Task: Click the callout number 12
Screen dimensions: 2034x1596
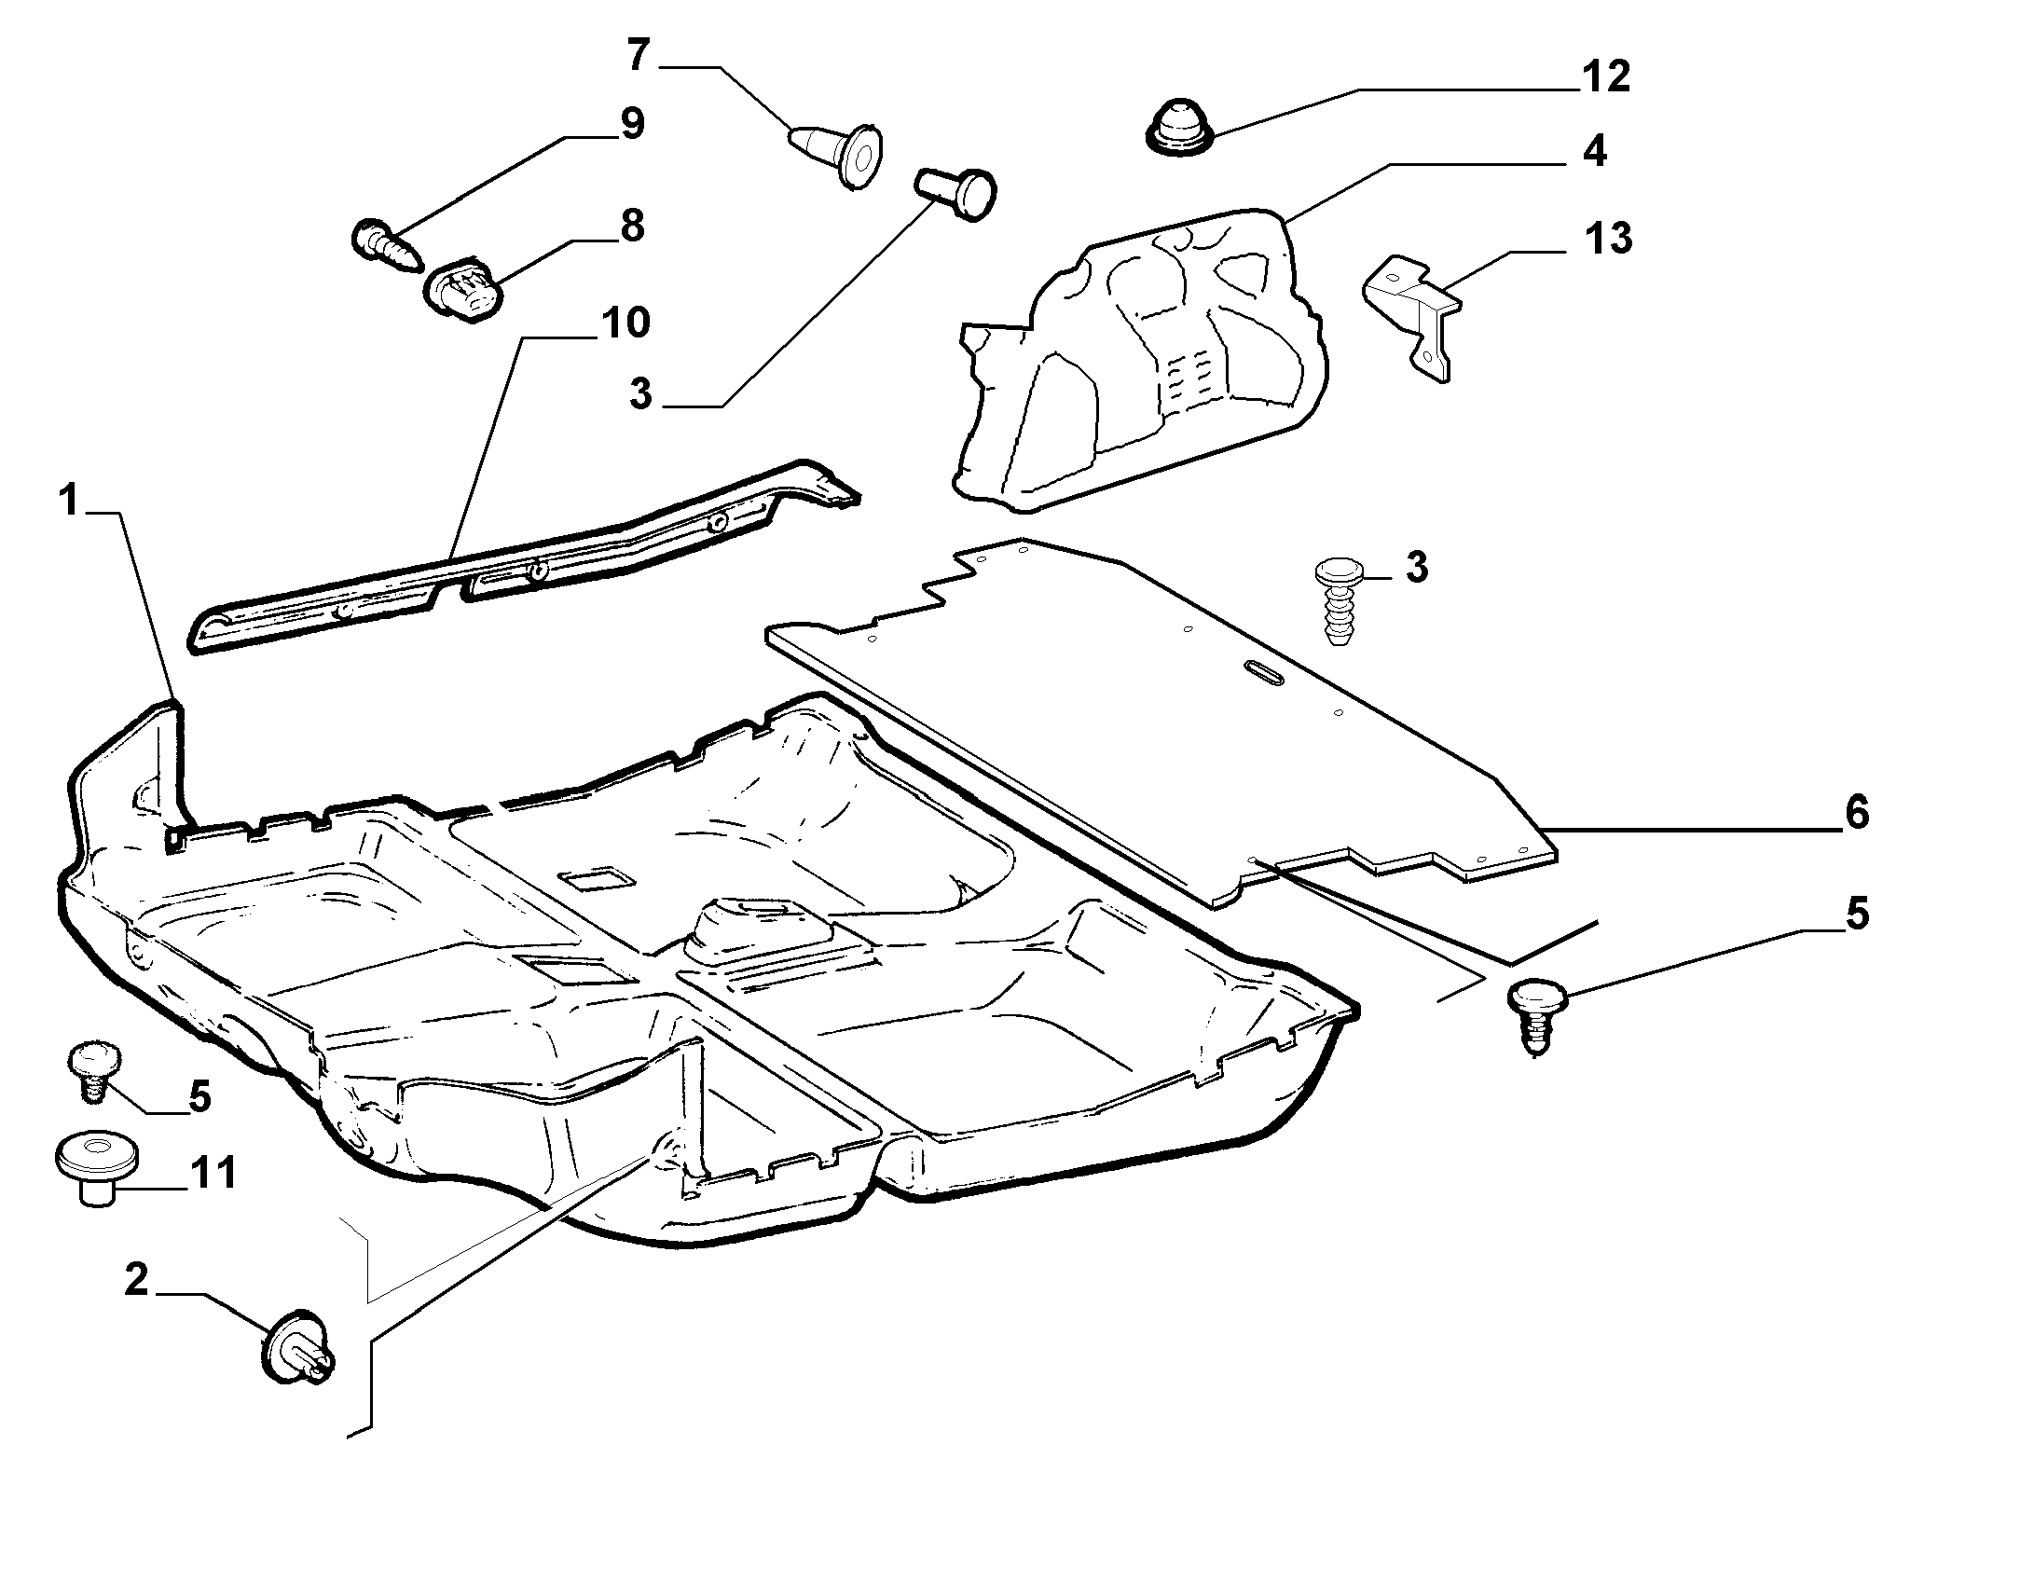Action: point(1606,76)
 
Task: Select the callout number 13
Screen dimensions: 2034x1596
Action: point(1608,239)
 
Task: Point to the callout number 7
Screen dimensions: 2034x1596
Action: point(639,55)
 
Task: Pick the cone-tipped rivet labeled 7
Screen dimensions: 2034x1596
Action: point(835,155)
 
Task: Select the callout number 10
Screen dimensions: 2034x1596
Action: point(625,323)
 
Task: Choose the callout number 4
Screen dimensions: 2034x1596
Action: point(1594,151)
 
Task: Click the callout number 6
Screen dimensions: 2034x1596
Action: point(1858,812)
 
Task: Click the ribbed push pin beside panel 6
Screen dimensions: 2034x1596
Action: point(1339,601)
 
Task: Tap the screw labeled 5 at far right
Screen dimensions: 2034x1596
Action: point(1535,1017)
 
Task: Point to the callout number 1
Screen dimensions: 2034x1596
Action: point(69,501)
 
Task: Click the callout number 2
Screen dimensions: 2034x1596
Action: point(136,1279)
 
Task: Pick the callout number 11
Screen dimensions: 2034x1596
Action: point(213,1172)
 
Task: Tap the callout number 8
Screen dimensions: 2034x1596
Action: point(633,227)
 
